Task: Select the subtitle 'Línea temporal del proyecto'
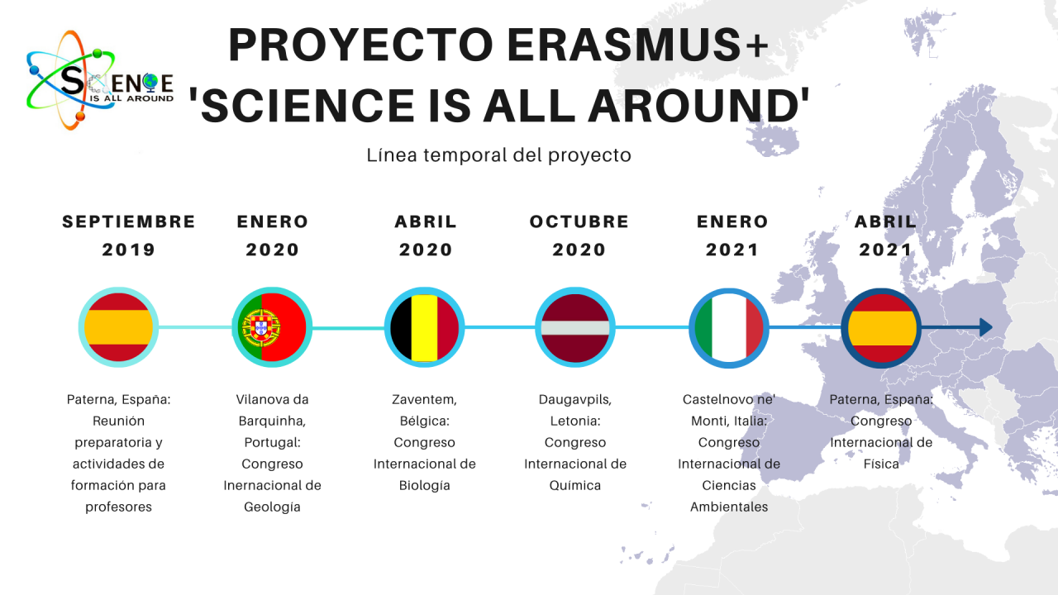pyautogui.click(x=498, y=155)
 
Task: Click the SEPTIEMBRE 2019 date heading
pyautogui.click(x=129, y=236)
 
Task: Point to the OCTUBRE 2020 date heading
pyautogui.click(x=579, y=236)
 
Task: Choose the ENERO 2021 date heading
pyautogui.click(x=732, y=236)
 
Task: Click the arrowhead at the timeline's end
pyautogui.click(x=984, y=328)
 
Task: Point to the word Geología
pyautogui.click(x=272, y=507)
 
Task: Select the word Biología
pyautogui.click(x=424, y=485)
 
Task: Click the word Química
pyautogui.click(x=574, y=485)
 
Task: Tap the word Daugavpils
pyautogui.click(x=574, y=399)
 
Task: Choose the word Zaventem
pyautogui.click(x=424, y=399)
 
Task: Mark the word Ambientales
pyautogui.click(x=729, y=507)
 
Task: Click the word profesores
pyautogui.click(x=118, y=507)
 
